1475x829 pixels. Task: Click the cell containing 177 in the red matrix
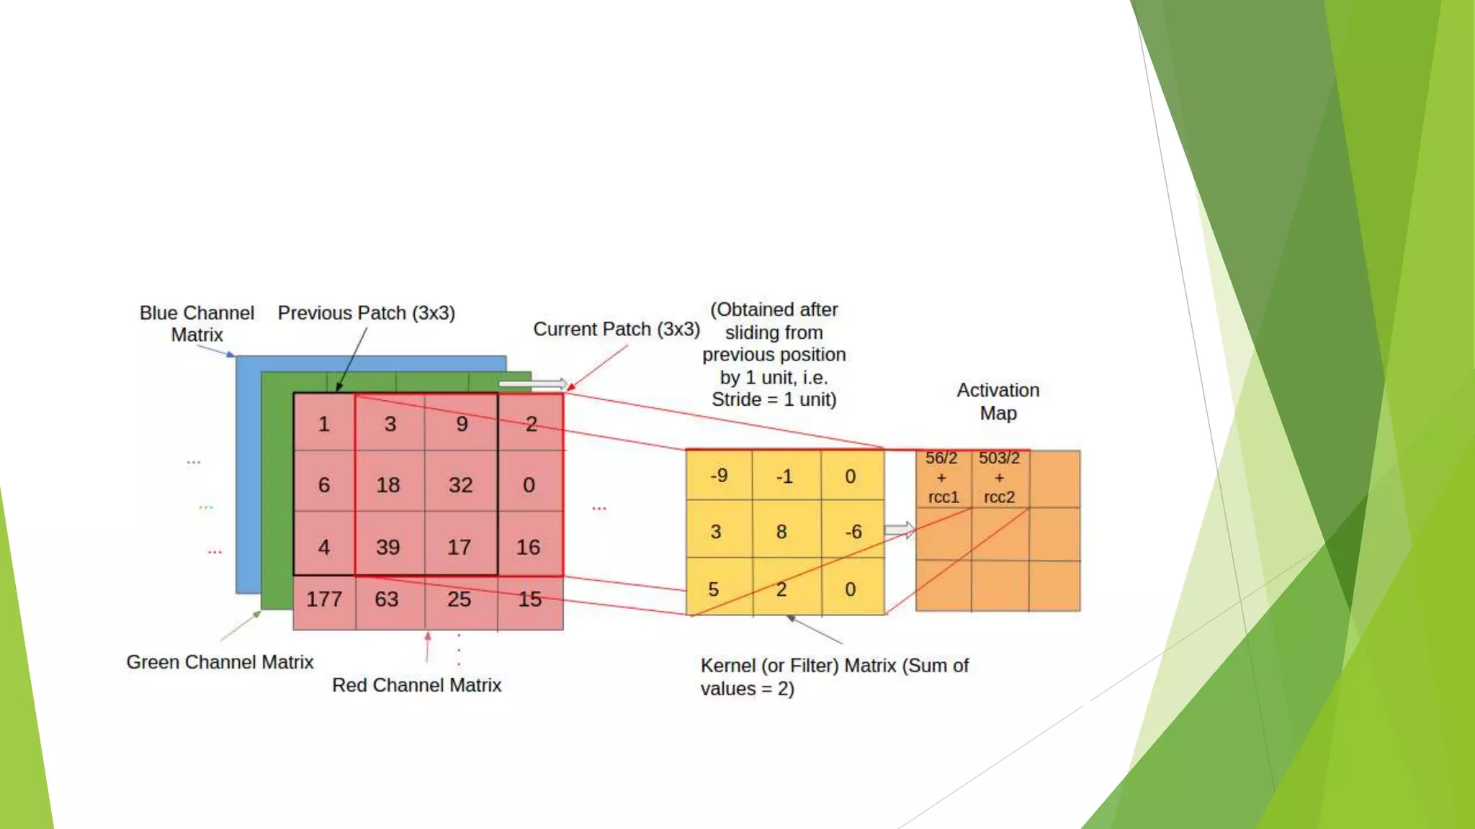(x=324, y=599)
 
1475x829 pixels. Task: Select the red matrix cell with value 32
(x=461, y=484)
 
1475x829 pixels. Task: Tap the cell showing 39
(x=388, y=547)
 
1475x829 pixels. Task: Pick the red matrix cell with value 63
(x=387, y=599)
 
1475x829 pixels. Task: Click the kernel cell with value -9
(x=719, y=476)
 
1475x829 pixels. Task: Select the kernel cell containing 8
(x=782, y=532)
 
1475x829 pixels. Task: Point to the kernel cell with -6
(x=853, y=532)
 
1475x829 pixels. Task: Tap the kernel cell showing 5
(x=714, y=589)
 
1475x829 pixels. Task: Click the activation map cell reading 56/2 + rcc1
(x=942, y=478)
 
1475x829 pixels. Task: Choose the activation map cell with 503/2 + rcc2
(x=1000, y=478)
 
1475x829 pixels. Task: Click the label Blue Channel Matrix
(x=197, y=324)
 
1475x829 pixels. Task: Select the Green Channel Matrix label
(x=220, y=662)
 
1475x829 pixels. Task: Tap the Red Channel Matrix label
(x=416, y=685)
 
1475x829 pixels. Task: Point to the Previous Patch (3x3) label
(x=367, y=313)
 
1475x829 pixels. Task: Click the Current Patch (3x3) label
(x=617, y=329)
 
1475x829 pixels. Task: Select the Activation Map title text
(x=998, y=402)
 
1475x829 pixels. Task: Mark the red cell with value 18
(x=388, y=484)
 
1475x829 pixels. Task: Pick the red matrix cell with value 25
(x=459, y=599)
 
